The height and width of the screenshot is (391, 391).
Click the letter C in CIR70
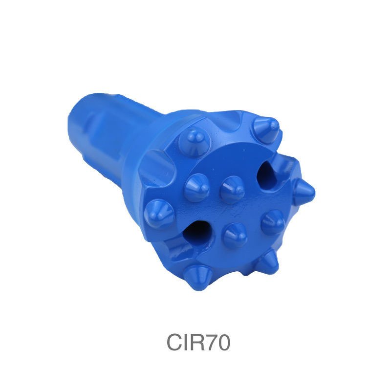(x=174, y=343)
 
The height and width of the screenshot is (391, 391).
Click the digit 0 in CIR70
(x=223, y=343)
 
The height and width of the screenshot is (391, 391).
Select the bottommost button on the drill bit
(x=198, y=278)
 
